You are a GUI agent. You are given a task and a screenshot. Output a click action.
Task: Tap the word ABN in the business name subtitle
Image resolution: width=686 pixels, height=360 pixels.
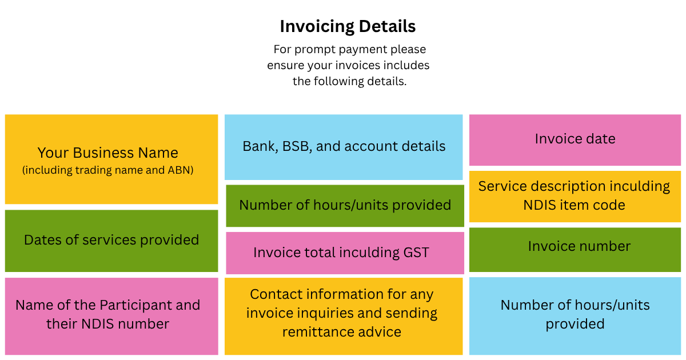point(181,170)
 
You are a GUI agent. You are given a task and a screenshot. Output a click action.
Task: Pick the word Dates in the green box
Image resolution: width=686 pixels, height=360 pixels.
point(41,240)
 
